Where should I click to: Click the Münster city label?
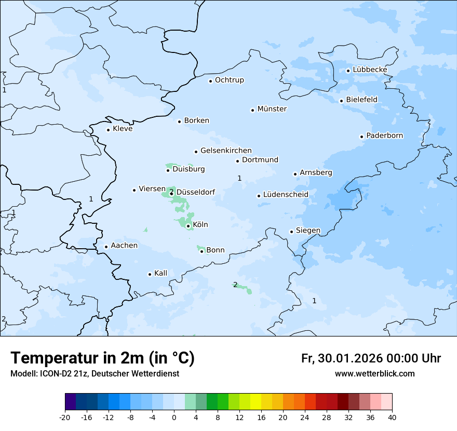point(272,109)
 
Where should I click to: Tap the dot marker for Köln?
point(188,226)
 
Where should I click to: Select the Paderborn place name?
point(384,136)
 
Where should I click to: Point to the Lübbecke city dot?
point(348,71)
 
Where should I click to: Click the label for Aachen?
point(124,246)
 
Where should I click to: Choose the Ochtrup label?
point(229,80)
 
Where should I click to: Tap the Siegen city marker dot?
point(291,232)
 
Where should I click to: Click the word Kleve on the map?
point(123,129)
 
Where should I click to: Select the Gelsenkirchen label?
point(226,151)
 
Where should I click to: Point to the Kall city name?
point(160,273)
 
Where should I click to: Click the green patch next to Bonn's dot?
point(200,249)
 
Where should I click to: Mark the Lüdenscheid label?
point(286,195)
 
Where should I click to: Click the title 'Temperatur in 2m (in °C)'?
point(103,358)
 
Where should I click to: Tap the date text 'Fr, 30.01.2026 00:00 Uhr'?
point(371,358)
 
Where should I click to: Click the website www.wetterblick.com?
point(374,374)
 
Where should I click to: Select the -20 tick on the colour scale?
point(65,417)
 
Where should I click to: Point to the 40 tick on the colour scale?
point(392,417)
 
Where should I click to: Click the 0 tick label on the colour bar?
point(174,417)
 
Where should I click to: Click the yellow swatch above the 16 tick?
point(256,402)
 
